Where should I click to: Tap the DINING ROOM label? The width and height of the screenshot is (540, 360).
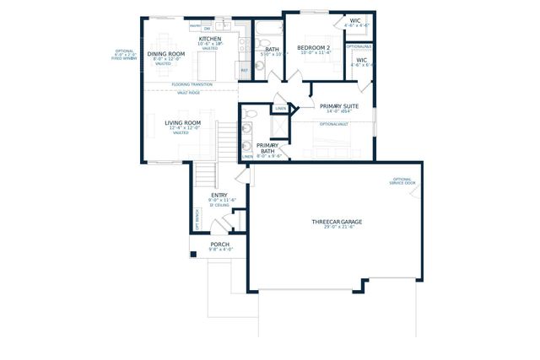[x=165, y=54]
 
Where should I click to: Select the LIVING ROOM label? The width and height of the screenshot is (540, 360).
[x=181, y=123]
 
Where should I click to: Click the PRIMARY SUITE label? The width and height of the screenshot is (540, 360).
[x=339, y=106]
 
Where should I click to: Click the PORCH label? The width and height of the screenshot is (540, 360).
[x=219, y=244]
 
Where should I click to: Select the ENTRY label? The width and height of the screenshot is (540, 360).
[x=219, y=195]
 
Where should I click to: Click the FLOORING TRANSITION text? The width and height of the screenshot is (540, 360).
[x=192, y=84]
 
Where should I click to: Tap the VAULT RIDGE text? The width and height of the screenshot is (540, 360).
[x=188, y=93]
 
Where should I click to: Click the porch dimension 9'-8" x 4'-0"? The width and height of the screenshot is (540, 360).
[x=219, y=250]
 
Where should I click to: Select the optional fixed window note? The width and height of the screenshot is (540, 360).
[x=125, y=55]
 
